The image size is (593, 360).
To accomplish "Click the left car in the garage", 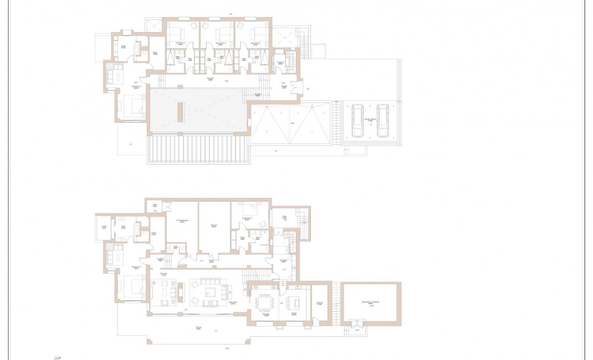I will [x=357, y=121].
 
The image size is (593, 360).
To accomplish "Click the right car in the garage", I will [x=382, y=121].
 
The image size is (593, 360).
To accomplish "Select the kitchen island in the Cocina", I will [x=294, y=301].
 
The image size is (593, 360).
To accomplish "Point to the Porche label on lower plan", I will [x=198, y=327].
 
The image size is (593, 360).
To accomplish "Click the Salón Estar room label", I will [x=233, y=302].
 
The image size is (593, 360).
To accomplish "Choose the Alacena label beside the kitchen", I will [x=320, y=303].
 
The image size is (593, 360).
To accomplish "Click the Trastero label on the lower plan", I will [x=213, y=225].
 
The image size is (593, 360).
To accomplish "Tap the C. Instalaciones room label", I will [x=182, y=221].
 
